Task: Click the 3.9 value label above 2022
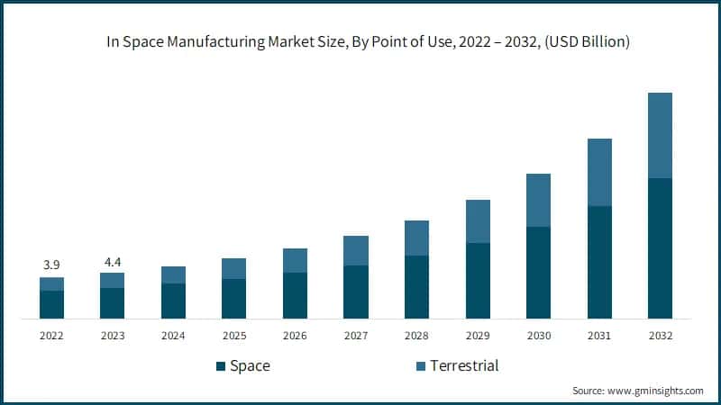click(x=51, y=265)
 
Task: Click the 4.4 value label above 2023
click(x=112, y=261)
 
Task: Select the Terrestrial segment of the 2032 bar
click(x=660, y=135)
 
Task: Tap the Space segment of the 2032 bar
click(x=660, y=248)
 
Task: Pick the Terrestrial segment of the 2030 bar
click(x=538, y=200)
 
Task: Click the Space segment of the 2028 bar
click(x=416, y=287)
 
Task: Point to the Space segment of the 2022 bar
click(x=51, y=304)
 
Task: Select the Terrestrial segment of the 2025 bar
click(x=233, y=268)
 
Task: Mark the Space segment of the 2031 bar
click(x=599, y=262)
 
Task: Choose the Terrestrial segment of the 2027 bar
click(x=356, y=250)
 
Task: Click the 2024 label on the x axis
click(x=173, y=335)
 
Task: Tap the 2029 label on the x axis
click(x=478, y=335)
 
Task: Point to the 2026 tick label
click(x=295, y=335)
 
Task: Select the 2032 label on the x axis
click(x=660, y=335)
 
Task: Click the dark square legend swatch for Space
click(x=220, y=366)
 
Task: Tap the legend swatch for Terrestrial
click(x=420, y=366)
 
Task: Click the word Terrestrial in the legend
click(x=464, y=365)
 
